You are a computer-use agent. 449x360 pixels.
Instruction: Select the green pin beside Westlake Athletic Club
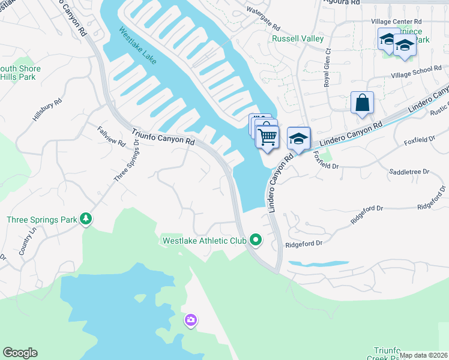tap(256, 241)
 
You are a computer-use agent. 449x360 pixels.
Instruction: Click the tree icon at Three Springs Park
tap(86, 219)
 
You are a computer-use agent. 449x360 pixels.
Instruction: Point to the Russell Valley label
tap(298, 38)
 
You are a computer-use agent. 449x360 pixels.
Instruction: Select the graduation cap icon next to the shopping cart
tap(298, 139)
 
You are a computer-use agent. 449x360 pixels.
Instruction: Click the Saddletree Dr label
tap(409, 172)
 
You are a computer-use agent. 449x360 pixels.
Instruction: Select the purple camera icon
tap(191, 320)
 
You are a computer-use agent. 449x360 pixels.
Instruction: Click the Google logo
tap(20, 353)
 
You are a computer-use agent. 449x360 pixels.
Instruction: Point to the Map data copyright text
tap(423, 355)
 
